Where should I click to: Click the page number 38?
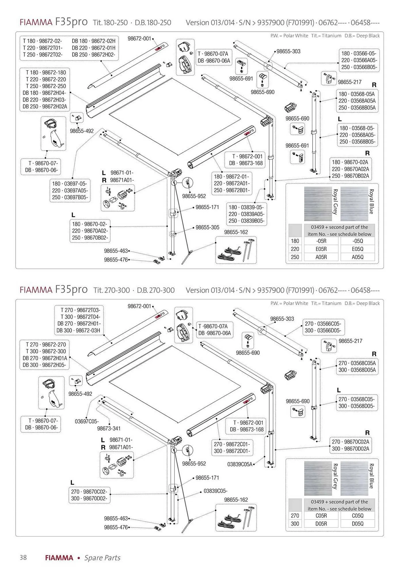click(x=23, y=557)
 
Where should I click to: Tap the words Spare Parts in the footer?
click(x=102, y=558)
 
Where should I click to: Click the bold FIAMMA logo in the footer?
click(x=59, y=558)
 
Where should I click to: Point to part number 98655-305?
click(x=207, y=227)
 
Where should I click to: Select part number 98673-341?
click(x=109, y=428)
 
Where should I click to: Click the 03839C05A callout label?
click(x=240, y=464)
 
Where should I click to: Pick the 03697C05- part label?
click(x=87, y=421)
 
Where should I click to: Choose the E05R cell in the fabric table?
click(x=321, y=249)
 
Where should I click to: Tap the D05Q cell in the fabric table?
click(x=357, y=524)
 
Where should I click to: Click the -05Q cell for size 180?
click(x=357, y=241)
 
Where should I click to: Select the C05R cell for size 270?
click(x=321, y=516)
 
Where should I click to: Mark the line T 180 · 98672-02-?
click(x=42, y=41)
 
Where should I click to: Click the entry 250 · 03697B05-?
click(x=70, y=197)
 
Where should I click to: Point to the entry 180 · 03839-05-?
click(x=246, y=207)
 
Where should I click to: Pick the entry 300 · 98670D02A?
click(x=350, y=448)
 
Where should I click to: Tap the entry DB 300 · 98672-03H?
click(x=78, y=330)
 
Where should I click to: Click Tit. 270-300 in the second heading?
click(x=112, y=290)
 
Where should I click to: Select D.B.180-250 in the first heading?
click(x=153, y=22)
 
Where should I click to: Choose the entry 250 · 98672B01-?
click(x=231, y=190)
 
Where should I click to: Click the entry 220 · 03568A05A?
click(x=357, y=101)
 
